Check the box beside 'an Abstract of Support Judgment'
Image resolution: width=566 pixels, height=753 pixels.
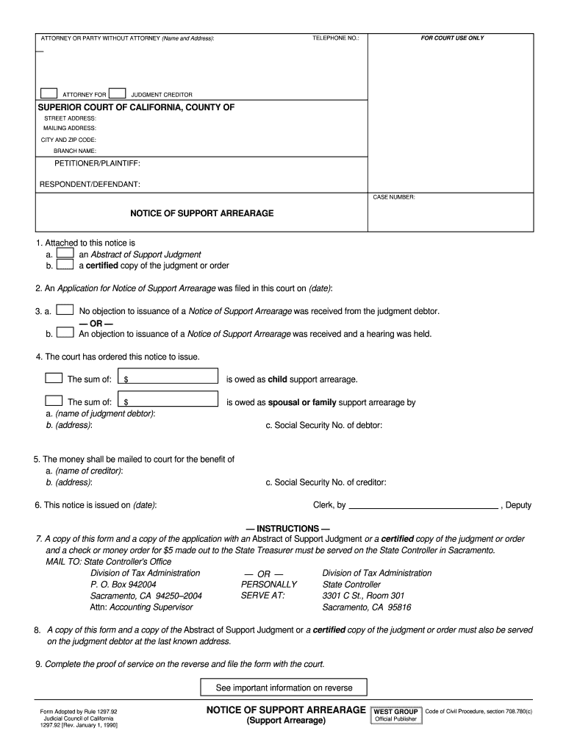click(65, 254)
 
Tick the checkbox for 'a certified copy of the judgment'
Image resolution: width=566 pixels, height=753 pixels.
click(65, 265)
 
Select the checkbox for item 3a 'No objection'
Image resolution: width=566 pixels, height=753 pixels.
click(65, 310)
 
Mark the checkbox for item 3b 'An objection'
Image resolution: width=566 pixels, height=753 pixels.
click(65, 332)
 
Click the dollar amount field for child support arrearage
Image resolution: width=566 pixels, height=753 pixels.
click(170, 378)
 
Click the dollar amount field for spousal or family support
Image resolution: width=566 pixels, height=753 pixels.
click(170, 401)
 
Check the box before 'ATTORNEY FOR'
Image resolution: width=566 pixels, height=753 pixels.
click(49, 93)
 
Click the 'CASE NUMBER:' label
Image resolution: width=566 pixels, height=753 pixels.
click(394, 197)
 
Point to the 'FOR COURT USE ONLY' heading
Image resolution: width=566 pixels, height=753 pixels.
click(452, 38)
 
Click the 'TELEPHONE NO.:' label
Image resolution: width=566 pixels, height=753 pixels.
click(335, 38)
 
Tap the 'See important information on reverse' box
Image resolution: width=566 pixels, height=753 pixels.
click(284, 688)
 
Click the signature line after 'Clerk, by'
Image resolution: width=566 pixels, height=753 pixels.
click(423, 506)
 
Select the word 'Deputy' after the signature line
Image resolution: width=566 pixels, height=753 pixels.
click(518, 506)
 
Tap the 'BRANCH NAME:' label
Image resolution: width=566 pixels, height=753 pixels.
click(75, 151)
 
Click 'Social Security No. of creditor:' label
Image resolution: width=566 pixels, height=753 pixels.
click(326, 482)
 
